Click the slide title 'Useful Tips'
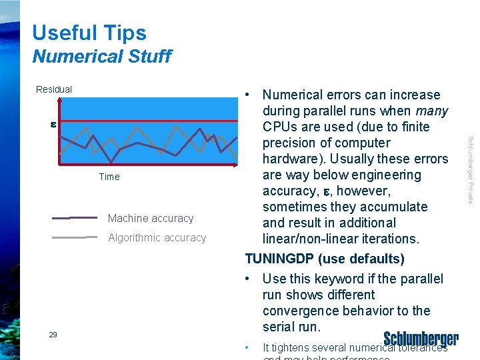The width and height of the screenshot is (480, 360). tap(89, 33)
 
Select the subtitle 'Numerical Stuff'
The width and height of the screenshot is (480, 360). tap(101, 57)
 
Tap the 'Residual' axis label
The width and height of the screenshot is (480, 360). tap(54, 89)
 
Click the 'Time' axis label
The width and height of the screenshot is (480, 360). tap(109, 177)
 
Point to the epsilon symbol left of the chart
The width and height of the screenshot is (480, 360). tap(53, 124)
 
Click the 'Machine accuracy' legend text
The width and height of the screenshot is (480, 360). tap(150, 219)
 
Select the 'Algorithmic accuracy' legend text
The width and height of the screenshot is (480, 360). tap(157, 238)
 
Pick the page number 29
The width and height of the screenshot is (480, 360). tap(53, 335)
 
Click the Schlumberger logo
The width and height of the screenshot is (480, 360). tap(421, 339)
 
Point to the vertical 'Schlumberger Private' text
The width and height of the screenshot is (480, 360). tap(470, 170)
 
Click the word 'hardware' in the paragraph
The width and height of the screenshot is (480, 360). tap(291, 159)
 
